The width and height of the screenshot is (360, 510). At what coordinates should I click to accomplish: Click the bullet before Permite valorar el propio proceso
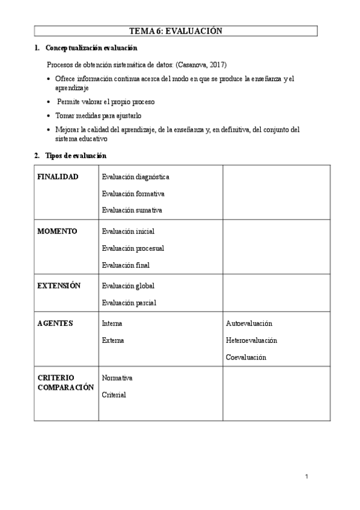click(x=49, y=103)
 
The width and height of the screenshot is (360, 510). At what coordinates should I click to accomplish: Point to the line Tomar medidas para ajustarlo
click(x=99, y=115)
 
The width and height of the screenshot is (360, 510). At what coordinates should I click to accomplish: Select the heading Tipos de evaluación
click(x=76, y=156)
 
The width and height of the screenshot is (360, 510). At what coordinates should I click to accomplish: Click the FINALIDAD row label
click(x=58, y=177)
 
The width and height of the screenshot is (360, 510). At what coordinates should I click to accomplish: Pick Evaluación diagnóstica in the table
click(x=135, y=177)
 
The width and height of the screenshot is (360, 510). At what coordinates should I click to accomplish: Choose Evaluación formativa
click(x=133, y=194)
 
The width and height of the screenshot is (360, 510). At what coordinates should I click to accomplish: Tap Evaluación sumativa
click(x=132, y=210)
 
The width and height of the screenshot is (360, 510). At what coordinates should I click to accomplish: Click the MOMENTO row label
click(x=57, y=231)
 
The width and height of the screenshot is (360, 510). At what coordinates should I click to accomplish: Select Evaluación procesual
click(x=133, y=248)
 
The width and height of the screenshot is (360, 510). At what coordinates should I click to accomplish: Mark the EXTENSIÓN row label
click(x=59, y=286)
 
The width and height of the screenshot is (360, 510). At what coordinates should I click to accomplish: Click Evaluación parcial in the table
click(x=129, y=303)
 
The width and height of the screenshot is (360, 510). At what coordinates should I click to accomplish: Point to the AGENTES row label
click(x=55, y=324)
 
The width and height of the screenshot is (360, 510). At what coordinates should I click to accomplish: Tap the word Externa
click(x=113, y=340)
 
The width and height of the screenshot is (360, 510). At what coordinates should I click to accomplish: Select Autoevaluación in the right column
click(x=249, y=324)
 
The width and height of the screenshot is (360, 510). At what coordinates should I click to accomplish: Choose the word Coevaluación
click(x=246, y=357)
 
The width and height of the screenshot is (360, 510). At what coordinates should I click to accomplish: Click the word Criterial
click(x=114, y=395)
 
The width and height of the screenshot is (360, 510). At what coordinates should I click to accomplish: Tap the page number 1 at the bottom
click(x=307, y=478)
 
